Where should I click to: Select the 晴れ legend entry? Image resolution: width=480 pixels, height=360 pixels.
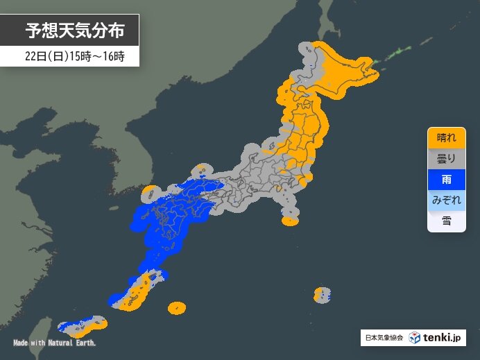[447, 137]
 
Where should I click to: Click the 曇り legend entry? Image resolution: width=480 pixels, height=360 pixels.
[447, 158]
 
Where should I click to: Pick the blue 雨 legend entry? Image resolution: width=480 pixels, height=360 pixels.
[447, 179]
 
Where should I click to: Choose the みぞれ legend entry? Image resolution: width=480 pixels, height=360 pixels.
[447, 200]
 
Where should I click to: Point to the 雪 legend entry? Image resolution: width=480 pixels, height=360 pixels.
[447, 221]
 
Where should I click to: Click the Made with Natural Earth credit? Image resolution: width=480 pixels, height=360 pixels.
[54, 343]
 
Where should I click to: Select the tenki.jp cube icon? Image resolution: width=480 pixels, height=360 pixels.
[414, 338]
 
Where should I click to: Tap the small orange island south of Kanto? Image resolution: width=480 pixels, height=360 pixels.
[290, 221]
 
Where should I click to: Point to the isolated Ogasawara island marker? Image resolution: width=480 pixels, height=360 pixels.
[321, 295]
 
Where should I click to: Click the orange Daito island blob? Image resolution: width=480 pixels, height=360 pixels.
[177, 307]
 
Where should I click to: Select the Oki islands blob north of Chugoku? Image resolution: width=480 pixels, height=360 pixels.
[200, 169]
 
